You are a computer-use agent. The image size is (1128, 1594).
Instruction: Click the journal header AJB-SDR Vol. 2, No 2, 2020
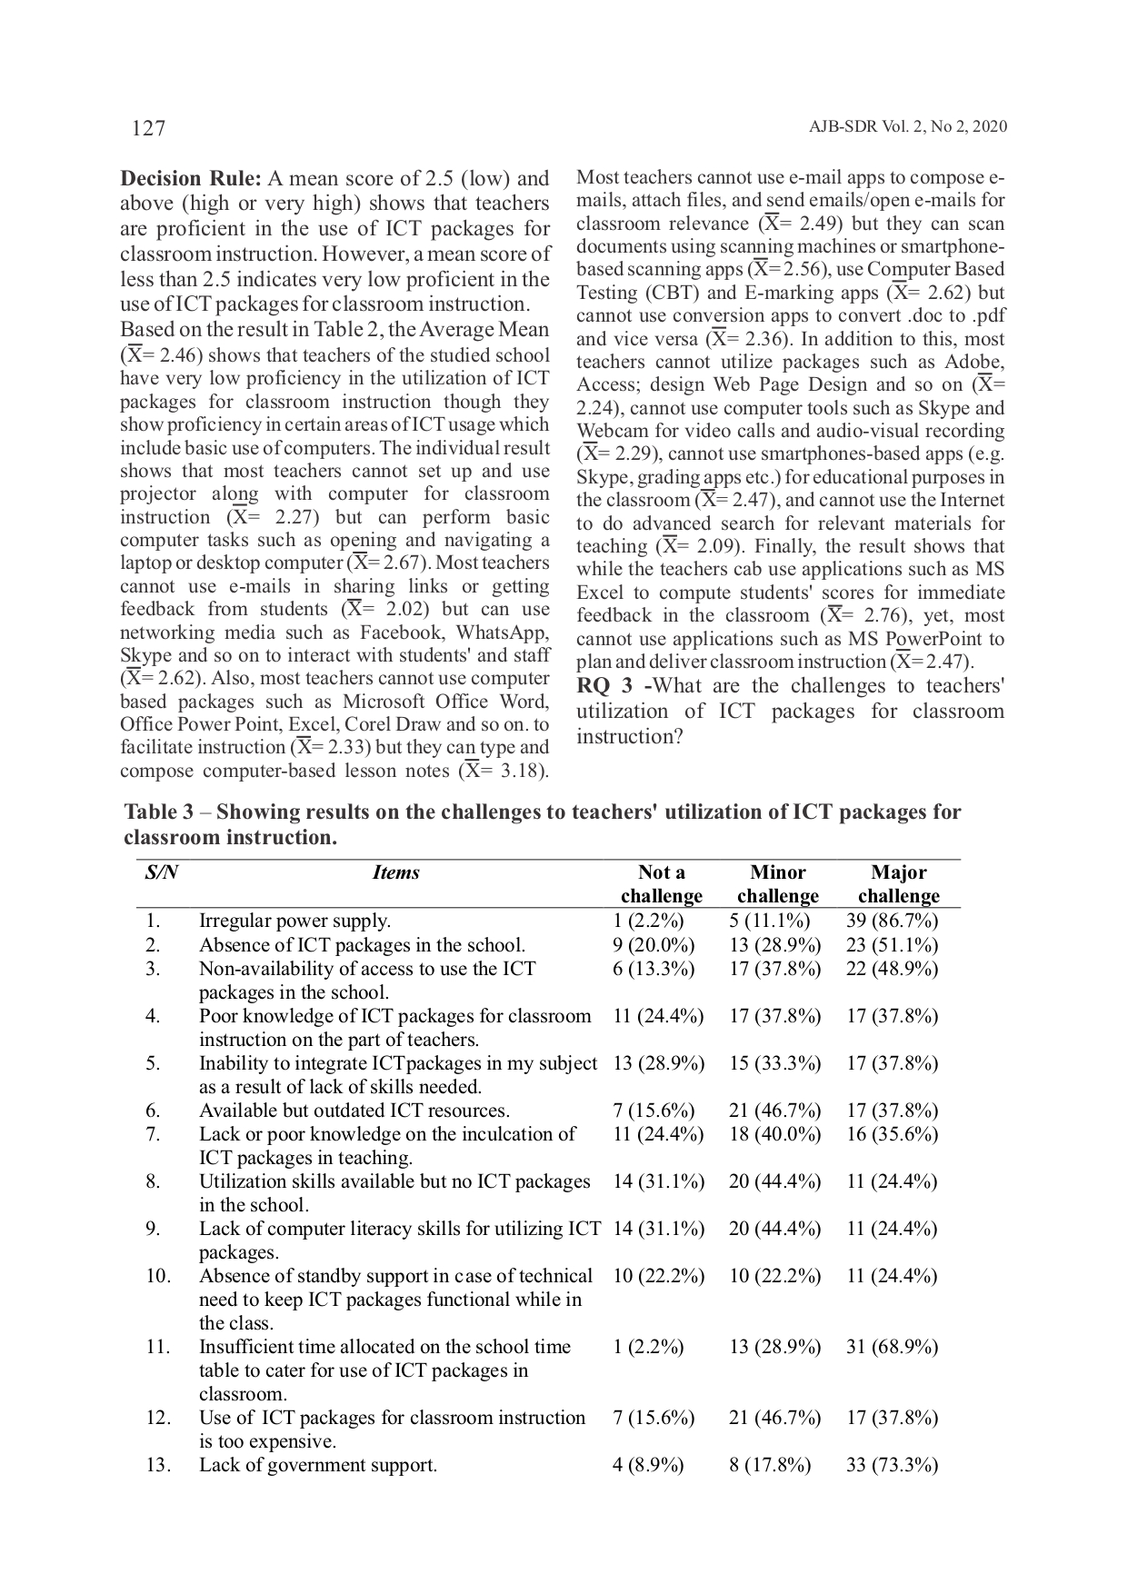click(907, 127)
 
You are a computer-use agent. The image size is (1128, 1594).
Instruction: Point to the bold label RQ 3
click(604, 686)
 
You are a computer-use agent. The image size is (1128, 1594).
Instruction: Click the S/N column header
click(161, 872)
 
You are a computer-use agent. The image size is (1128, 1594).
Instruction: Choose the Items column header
click(396, 872)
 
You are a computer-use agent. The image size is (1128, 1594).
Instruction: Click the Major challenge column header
click(898, 884)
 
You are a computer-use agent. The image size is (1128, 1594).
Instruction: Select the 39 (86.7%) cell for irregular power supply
click(892, 921)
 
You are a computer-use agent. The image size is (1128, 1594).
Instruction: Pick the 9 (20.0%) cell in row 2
click(654, 945)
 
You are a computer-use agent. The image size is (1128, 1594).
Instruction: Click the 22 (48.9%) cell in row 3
click(892, 969)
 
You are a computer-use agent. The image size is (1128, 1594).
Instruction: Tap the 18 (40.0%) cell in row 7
click(774, 1134)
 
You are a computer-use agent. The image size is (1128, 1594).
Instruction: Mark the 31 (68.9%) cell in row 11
click(892, 1347)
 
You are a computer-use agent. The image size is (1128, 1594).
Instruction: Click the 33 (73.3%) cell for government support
click(892, 1465)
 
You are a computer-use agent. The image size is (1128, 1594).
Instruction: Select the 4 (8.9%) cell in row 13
click(648, 1465)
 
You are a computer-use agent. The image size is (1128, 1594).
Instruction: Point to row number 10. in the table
click(157, 1276)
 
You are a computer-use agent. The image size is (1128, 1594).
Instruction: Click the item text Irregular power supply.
click(294, 921)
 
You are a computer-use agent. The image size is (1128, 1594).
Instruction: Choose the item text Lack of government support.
click(318, 1465)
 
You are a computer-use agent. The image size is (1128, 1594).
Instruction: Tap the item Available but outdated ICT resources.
click(354, 1111)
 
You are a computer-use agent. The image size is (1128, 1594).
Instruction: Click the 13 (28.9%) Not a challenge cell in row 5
click(658, 1063)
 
